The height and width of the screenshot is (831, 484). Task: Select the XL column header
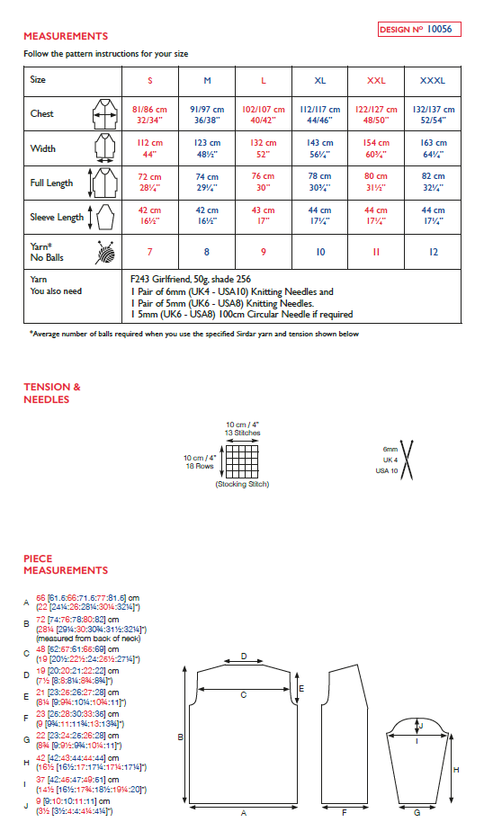coord(320,80)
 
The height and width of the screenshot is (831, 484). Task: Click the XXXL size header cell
coord(432,80)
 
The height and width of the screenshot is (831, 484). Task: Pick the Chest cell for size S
coord(150,113)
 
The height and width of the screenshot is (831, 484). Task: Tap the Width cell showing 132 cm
coord(263,147)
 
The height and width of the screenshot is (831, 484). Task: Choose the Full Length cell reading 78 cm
coord(320,183)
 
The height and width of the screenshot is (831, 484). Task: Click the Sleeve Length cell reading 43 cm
coord(263,217)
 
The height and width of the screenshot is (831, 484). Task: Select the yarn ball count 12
coord(432,253)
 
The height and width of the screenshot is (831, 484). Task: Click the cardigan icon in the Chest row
coord(99,114)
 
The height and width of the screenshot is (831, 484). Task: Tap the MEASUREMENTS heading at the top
coord(66,36)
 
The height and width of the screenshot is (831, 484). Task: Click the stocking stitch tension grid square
coord(238,462)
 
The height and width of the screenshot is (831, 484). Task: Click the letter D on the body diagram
coord(243,657)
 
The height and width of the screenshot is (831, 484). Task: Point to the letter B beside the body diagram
coord(182,737)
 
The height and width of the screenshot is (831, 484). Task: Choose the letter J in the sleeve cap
coord(420,725)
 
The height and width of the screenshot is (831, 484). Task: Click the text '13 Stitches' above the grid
coord(243,433)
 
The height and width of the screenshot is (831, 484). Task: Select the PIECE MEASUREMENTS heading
coord(66,564)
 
